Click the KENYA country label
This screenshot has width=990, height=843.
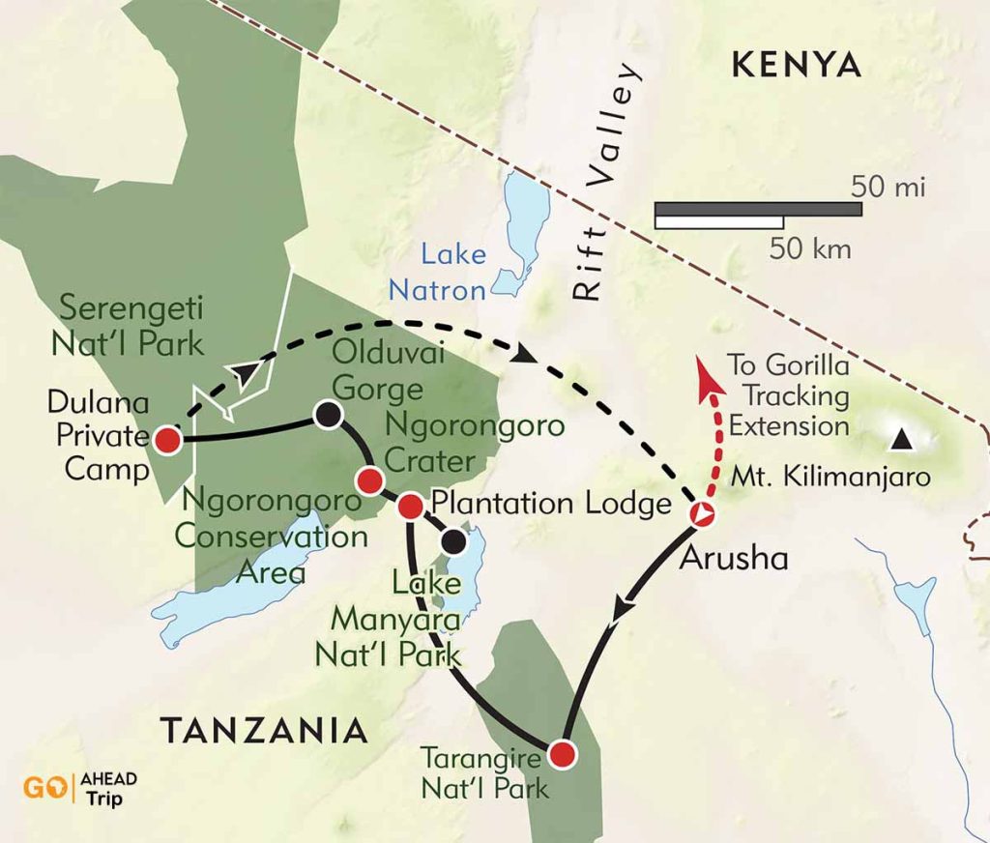click(x=797, y=65)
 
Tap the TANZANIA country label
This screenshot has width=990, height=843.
click(x=264, y=730)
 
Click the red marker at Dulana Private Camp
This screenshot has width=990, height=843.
click(x=168, y=440)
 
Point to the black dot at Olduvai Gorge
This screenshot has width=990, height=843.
click(x=328, y=415)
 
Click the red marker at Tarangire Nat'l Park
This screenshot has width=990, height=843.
click(x=562, y=753)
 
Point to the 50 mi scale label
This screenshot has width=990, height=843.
click(x=888, y=188)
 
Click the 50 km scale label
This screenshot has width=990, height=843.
click(x=810, y=249)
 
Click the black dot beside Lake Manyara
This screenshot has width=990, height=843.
click(x=453, y=541)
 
